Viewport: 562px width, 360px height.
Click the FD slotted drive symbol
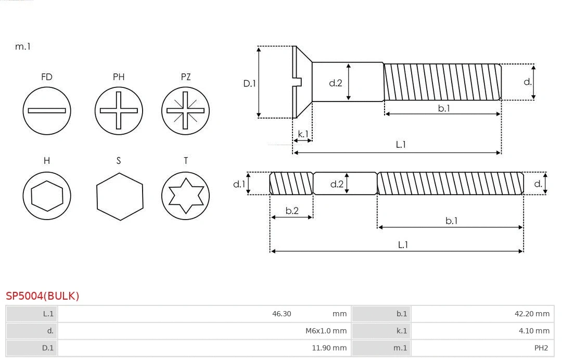coord(47,110)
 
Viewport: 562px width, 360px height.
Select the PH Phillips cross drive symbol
coord(119,110)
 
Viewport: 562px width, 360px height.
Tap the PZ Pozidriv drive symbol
coord(185,110)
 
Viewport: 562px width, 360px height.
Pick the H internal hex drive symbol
coord(47,196)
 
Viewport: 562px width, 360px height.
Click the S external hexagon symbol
coord(120,196)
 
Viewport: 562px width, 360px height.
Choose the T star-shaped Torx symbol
coord(185,196)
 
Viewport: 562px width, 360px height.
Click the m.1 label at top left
coord(23,46)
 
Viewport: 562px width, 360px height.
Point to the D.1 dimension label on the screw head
coord(250,83)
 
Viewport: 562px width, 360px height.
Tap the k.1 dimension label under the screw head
coord(302,134)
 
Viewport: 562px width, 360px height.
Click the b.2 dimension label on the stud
coord(292,211)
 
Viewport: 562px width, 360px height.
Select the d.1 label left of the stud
coord(238,184)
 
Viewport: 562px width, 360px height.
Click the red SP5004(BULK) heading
coord(43,296)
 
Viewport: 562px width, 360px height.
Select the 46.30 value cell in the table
coord(282,314)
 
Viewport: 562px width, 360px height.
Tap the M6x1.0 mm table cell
coord(326,330)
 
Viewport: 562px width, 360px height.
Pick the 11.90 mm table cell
coord(329,348)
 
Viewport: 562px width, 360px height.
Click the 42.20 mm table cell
coord(532,314)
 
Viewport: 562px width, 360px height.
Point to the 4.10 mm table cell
coord(534,330)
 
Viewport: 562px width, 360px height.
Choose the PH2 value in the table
coord(541,348)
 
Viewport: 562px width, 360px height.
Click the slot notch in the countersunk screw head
coord(298,82)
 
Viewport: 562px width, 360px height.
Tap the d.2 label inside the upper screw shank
coord(336,82)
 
